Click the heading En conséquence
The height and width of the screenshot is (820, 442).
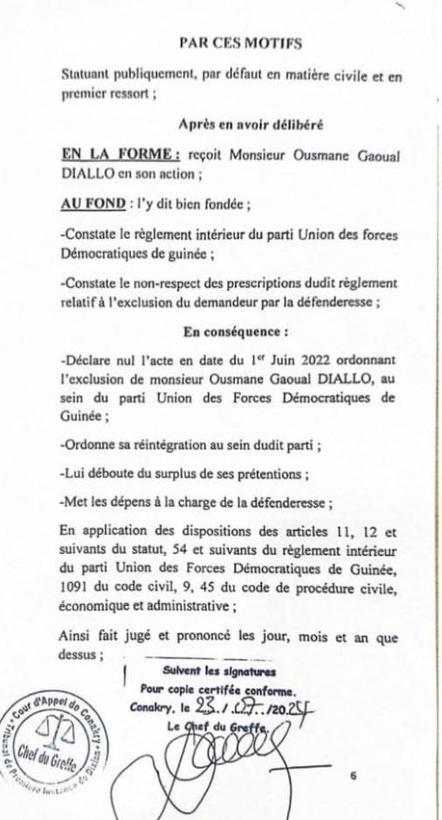[221, 331]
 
